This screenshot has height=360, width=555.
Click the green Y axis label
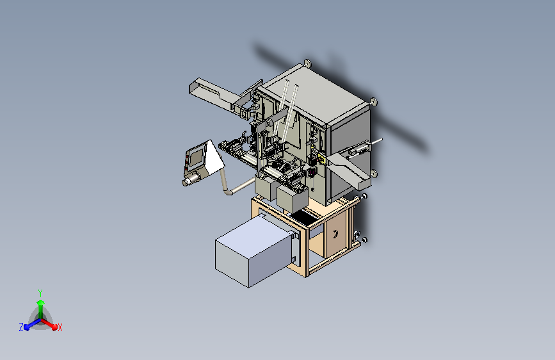tap(40, 293)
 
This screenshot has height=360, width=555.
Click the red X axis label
tap(60, 328)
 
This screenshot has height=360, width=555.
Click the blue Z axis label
tap(21, 327)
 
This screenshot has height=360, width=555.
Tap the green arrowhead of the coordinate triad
tap(40, 302)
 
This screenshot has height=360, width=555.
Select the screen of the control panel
tap(197, 156)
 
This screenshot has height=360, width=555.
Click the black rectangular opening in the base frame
tap(305, 218)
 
